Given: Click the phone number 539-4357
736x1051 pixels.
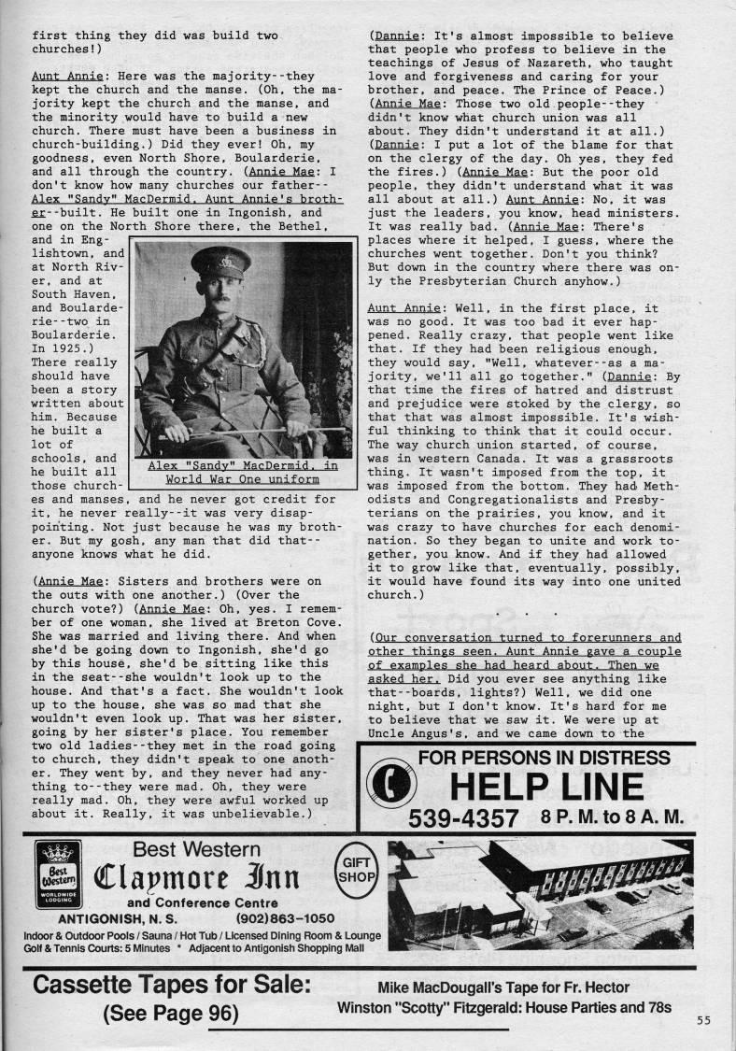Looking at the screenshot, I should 462,818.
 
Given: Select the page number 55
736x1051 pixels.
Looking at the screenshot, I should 703,1020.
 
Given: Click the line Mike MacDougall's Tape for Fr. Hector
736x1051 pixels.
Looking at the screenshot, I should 503,988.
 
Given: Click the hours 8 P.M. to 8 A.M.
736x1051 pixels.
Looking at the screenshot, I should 612,818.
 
